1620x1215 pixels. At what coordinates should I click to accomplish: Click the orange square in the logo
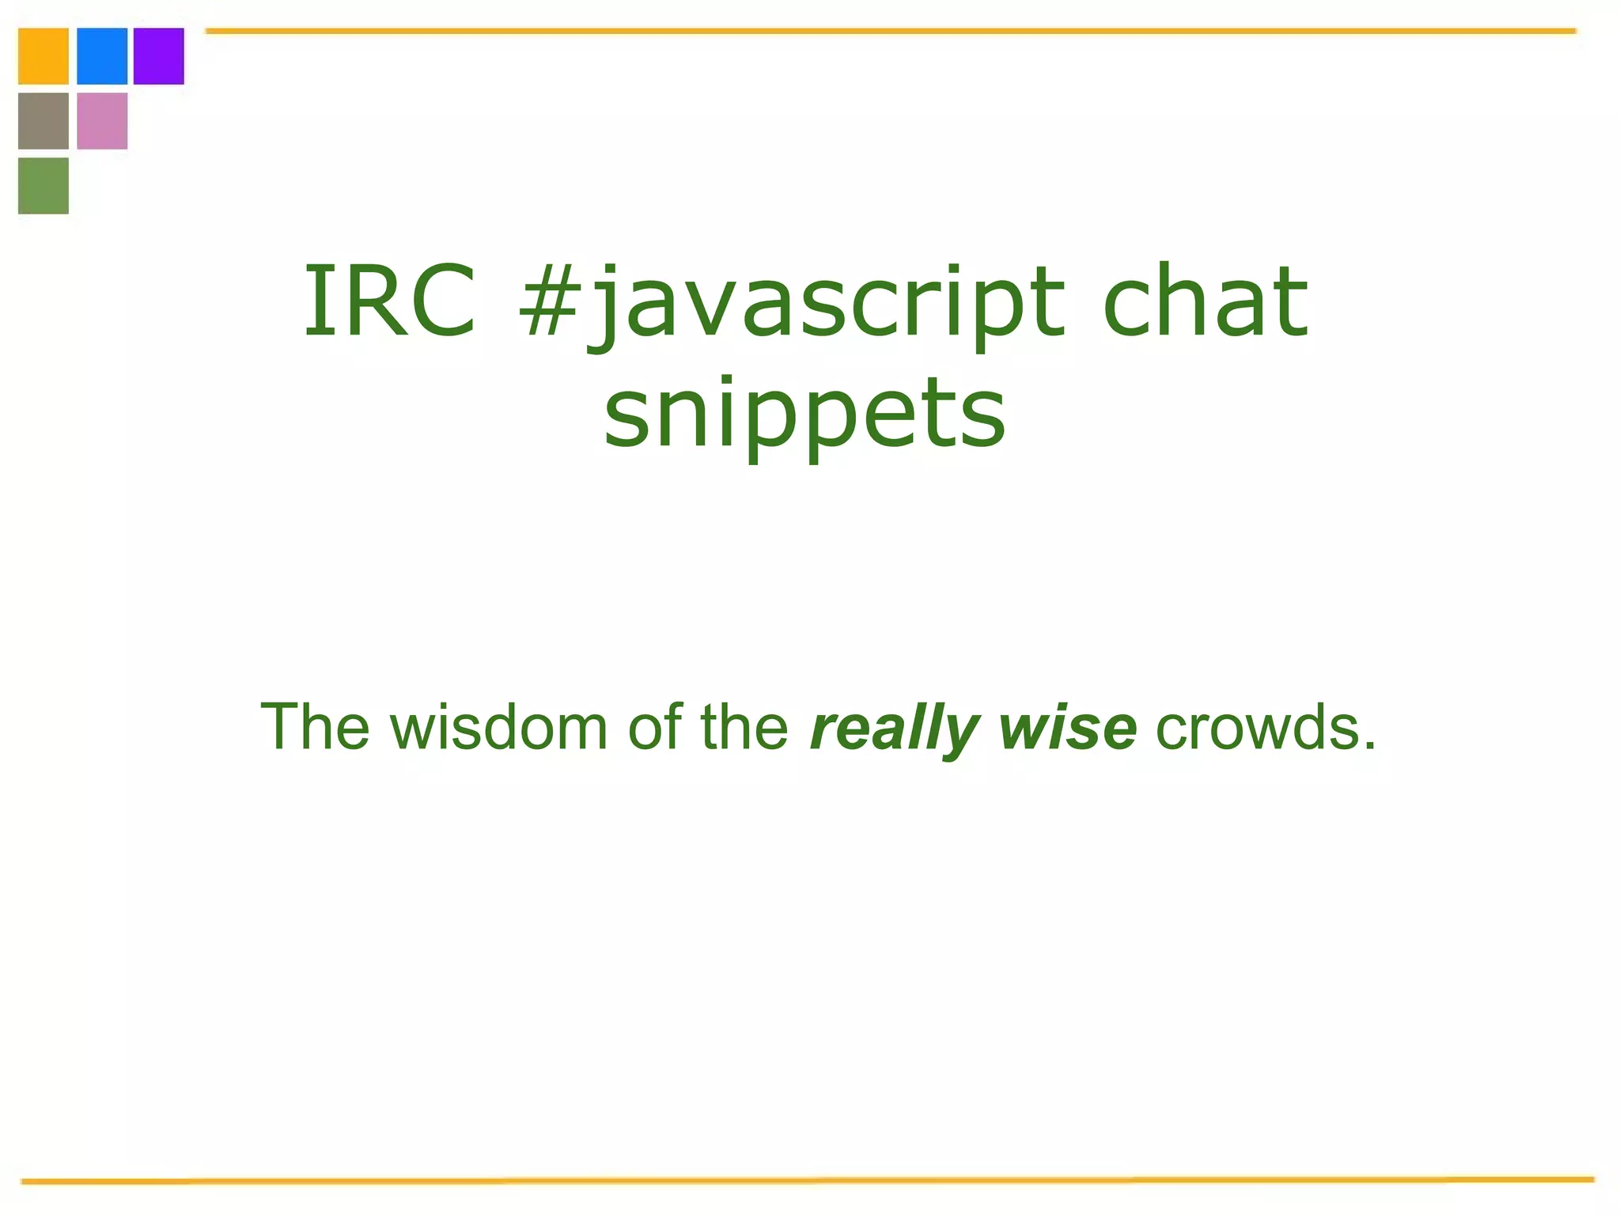[x=44, y=56]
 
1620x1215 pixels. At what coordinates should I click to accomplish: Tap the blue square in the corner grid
[x=102, y=56]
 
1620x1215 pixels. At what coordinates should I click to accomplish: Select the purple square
[x=159, y=56]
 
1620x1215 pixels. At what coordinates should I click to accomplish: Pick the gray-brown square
[x=44, y=121]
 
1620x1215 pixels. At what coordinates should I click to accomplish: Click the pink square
[x=102, y=121]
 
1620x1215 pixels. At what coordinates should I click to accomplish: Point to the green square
[x=44, y=186]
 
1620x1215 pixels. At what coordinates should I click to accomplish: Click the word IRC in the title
[x=390, y=301]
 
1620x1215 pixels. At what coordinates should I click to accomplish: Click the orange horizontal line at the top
[x=890, y=31]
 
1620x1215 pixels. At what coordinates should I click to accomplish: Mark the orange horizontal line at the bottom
[x=807, y=1181]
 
